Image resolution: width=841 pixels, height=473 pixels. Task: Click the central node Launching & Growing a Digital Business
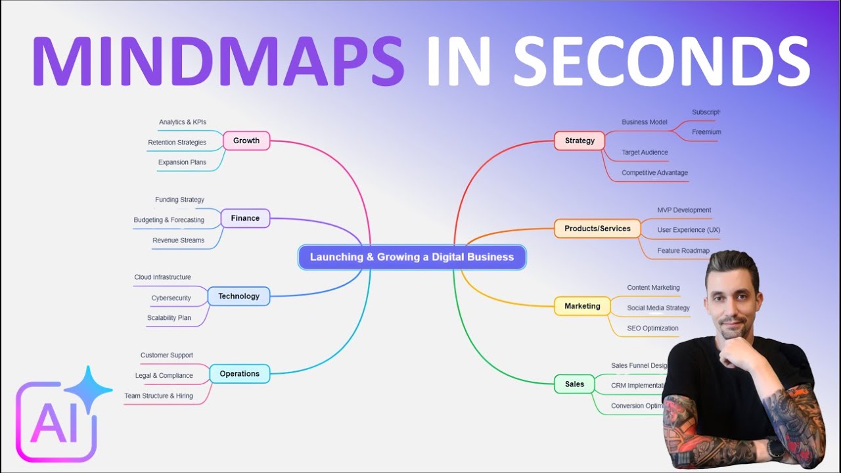click(x=412, y=257)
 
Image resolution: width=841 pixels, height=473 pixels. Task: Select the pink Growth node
click(x=246, y=141)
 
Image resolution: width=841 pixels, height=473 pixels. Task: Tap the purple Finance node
click(x=245, y=218)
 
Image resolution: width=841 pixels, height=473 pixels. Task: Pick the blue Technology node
click(x=239, y=296)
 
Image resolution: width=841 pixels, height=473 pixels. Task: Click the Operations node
click(x=239, y=374)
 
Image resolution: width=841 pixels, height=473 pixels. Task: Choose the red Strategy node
click(x=580, y=141)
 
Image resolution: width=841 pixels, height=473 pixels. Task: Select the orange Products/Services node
click(x=597, y=229)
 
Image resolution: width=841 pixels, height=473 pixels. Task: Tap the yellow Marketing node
click(x=582, y=306)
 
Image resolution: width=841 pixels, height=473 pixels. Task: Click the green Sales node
click(x=574, y=384)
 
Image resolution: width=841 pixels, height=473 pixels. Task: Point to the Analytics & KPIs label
click(x=183, y=122)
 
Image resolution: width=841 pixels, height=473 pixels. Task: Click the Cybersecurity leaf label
click(x=171, y=298)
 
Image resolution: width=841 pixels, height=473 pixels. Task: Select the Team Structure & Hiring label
click(x=158, y=396)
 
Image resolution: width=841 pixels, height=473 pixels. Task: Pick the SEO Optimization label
click(x=652, y=328)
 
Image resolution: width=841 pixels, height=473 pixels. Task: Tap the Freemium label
click(x=706, y=132)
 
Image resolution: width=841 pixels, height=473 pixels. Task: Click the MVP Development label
click(x=684, y=210)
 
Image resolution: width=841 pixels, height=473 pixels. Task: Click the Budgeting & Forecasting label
click(x=169, y=220)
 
